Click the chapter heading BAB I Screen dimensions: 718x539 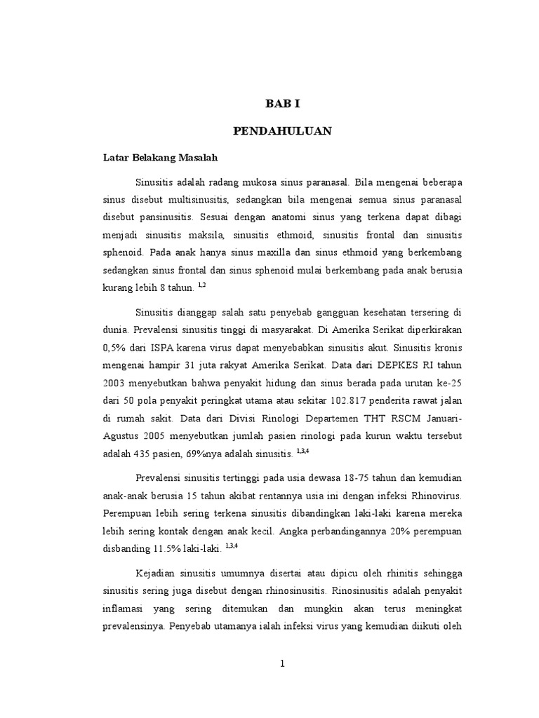pos(282,103)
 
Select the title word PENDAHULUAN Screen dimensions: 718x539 pos(282,130)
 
